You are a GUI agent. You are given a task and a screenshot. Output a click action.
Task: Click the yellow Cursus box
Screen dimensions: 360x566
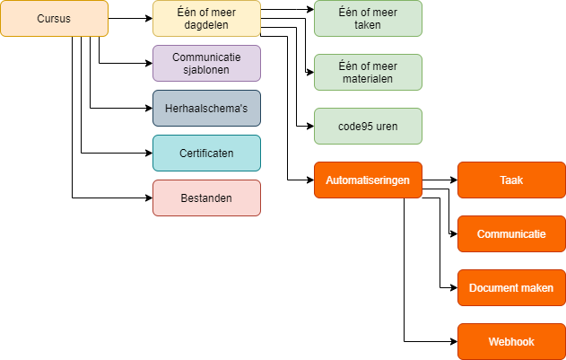54,18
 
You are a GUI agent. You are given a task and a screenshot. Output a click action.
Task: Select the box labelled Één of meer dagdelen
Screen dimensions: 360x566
206,18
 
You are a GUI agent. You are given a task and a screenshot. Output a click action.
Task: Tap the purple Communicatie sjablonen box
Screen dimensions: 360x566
206,63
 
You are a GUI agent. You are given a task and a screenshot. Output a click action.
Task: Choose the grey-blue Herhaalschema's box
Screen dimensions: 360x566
206,108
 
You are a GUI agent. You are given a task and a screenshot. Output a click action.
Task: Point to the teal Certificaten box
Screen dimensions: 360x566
206,153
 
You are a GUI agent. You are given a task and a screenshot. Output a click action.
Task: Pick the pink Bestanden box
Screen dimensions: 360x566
206,198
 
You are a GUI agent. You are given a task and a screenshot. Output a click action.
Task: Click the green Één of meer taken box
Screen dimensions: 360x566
368,18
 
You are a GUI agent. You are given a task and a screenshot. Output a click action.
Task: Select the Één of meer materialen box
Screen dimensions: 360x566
368,72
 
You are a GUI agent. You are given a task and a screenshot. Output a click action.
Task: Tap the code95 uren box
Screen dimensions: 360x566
368,126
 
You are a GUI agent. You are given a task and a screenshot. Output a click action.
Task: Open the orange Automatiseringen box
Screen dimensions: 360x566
368,180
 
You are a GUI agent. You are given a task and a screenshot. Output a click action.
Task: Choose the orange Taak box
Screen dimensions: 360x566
511,180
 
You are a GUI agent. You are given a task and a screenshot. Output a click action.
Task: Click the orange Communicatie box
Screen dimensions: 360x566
511,233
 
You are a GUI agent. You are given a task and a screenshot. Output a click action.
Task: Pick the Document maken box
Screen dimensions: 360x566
511,288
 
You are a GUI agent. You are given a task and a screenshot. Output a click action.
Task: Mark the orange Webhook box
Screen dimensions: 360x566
511,342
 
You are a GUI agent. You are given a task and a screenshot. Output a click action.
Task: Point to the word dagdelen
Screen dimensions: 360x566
206,25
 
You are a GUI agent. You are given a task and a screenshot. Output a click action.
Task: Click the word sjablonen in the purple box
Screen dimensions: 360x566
206,70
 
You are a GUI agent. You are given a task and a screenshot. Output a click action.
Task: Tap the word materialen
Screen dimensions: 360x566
368,79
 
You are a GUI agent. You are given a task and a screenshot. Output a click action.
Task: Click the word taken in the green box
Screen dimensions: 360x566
368,25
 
